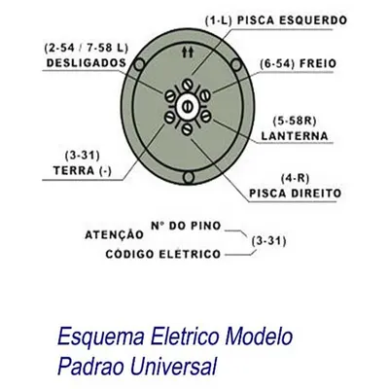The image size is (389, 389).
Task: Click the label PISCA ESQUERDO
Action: (292, 20)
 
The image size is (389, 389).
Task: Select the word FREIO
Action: (318, 63)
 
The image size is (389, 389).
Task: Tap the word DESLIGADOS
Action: (87, 63)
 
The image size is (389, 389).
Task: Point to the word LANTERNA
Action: (295, 136)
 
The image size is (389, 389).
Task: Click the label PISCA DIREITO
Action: (295, 194)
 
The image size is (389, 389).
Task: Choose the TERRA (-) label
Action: (83, 170)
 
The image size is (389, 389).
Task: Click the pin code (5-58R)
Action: (295, 122)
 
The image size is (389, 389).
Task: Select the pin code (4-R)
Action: (295, 179)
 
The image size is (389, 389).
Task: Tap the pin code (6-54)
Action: (277, 63)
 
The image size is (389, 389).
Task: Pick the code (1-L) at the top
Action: (219, 20)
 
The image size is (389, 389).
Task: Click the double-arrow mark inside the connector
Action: (188, 53)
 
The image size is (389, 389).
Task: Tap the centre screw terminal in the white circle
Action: (187, 107)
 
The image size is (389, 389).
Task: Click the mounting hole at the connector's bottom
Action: (189, 177)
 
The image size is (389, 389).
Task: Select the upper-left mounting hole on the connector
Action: (139, 64)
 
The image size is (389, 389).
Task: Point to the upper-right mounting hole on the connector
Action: (236, 65)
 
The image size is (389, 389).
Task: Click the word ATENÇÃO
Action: (114, 234)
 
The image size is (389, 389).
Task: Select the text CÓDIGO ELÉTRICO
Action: (163, 254)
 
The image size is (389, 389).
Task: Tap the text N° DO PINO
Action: (186, 226)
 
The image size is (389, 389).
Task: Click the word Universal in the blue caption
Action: (173, 366)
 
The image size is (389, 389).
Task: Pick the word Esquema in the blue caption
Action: (101, 336)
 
